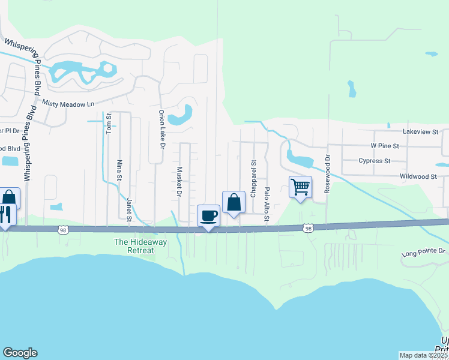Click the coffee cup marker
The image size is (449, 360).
pos(209,215)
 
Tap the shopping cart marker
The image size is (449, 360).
pos(300,187)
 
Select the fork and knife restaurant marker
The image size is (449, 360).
pos(7,215)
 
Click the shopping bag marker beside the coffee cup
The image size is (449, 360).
pos(234,202)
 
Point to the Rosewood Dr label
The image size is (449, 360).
pos(328,175)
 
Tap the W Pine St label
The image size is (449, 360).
pos(385,146)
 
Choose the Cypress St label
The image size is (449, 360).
pos(374,161)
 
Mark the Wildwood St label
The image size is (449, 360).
pos(419,176)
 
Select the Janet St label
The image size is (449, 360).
pos(129,209)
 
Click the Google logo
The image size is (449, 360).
pos(20,353)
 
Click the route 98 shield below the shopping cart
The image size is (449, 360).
pos(308,228)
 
